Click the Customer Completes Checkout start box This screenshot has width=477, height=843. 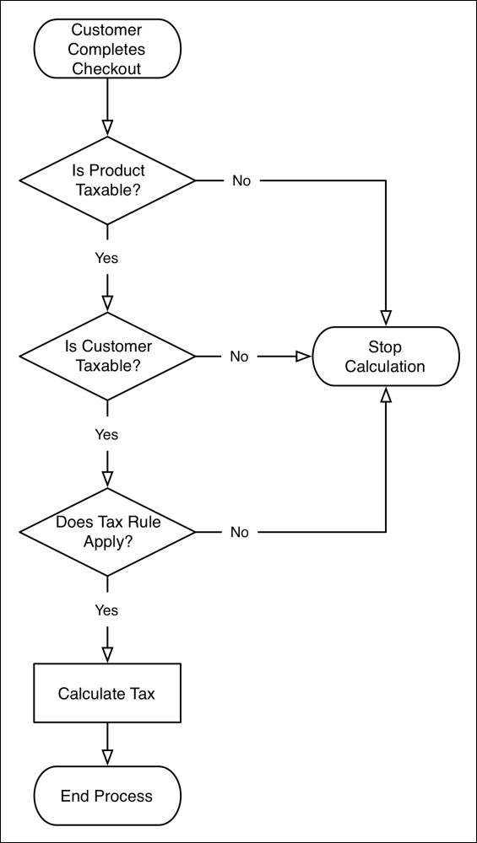pos(106,50)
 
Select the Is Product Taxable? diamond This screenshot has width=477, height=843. pos(106,180)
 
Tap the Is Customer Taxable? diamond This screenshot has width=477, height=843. pos(106,357)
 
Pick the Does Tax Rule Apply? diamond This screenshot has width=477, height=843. pos(106,532)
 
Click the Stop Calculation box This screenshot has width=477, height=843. pos(386,357)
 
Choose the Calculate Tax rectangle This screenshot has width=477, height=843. pos(106,694)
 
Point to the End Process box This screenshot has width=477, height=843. pos(106,796)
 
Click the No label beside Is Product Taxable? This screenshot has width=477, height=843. pos(241,180)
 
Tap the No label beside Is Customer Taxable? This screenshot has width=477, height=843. pos(240,357)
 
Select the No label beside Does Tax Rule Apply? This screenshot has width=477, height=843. pos(240,532)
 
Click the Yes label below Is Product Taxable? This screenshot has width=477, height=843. pos(106,258)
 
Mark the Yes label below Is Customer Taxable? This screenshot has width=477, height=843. pos(106,435)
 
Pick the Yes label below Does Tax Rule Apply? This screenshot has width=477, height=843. pos(106,609)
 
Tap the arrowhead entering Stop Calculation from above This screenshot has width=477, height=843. pos(386,318)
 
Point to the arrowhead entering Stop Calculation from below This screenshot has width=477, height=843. pos(386,395)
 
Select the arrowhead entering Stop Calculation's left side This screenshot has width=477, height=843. pos(303,357)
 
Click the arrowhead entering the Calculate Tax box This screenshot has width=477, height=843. pos(106,655)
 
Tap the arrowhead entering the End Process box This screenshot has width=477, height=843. pos(106,757)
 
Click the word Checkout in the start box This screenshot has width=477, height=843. pos(106,68)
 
